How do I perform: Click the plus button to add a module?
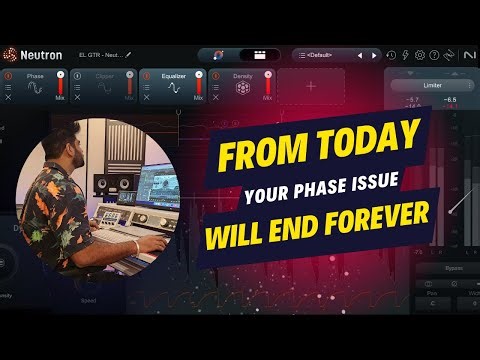(311, 87)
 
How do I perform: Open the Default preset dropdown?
(336, 54)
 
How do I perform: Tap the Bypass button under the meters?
(439, 269)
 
